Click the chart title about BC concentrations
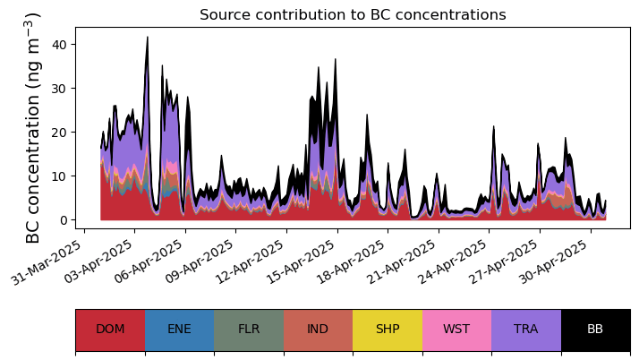click(353, 15)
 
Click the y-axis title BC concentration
click(33, 127)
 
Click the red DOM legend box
click(110, 329)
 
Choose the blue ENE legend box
click(179, 329)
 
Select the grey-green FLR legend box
click(249, 329)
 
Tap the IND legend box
click(318, 329)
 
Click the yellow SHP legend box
click(388, 329)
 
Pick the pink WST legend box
click(456, 329)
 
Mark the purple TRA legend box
click(526, 329)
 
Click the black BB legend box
click(595, 329)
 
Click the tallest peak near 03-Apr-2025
click(147, 39)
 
